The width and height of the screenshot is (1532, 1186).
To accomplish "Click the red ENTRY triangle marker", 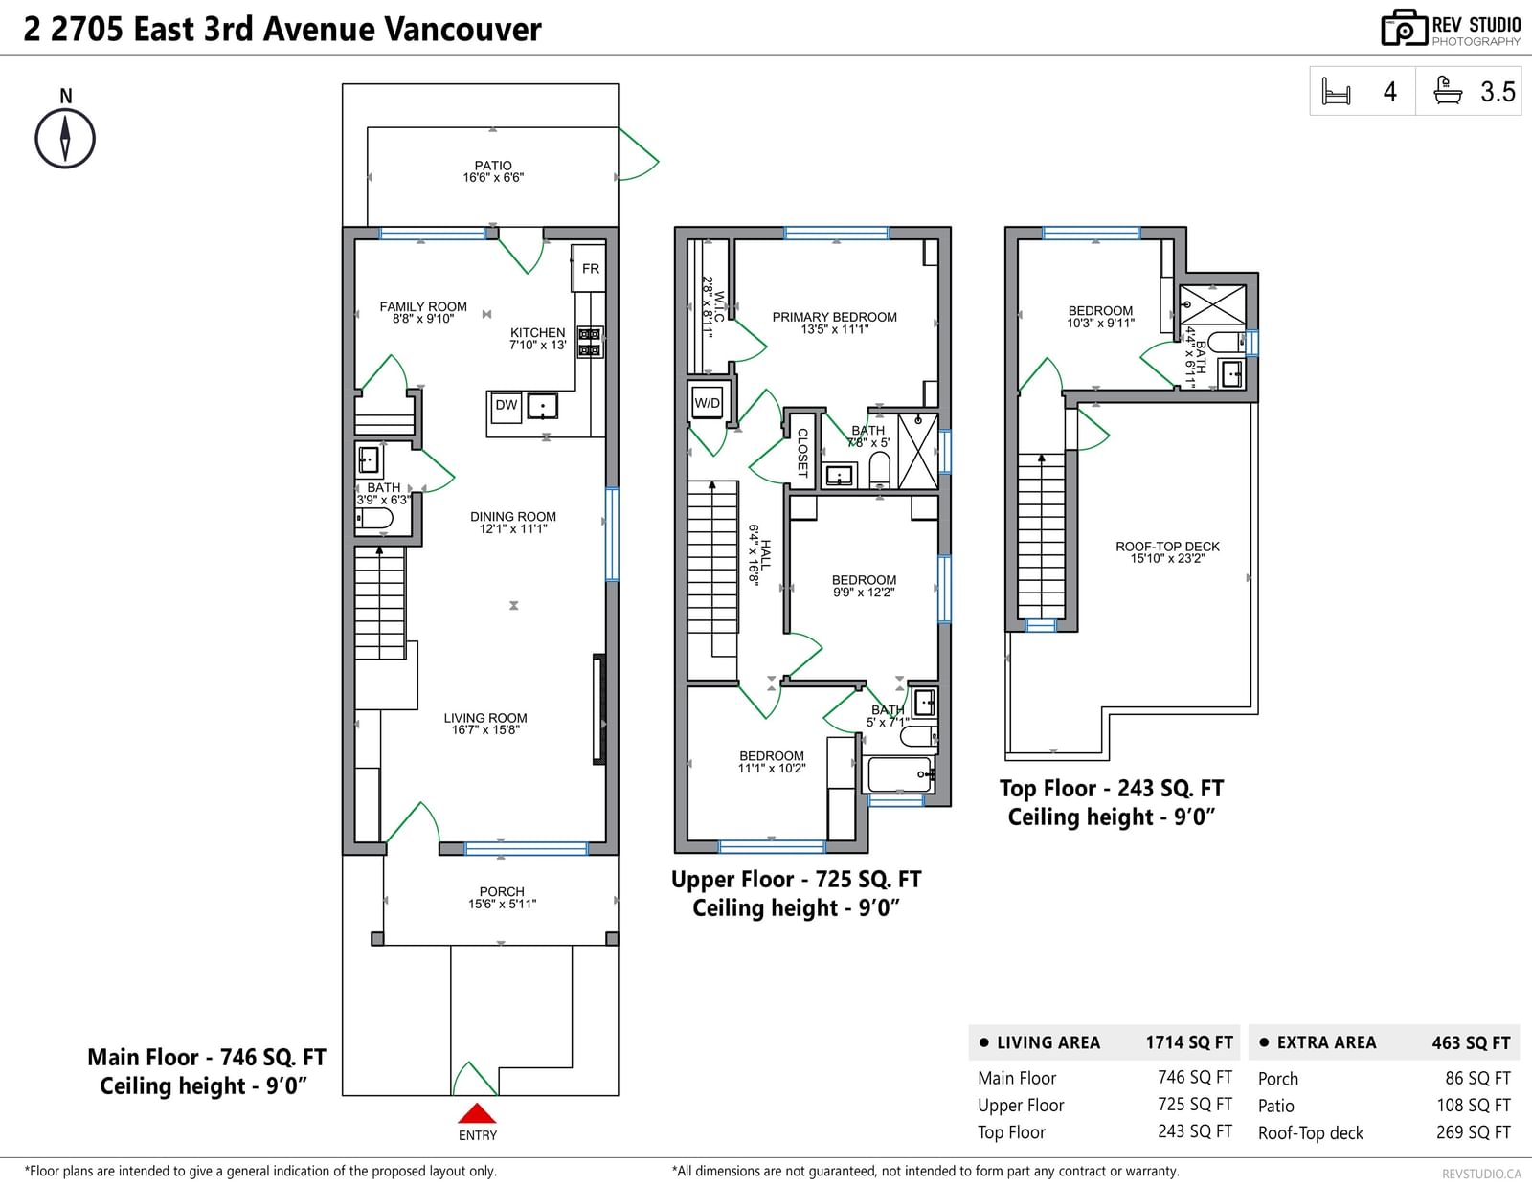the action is (x=477, y=1113).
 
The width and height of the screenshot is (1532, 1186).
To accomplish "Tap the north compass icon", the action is (x=65, y=138).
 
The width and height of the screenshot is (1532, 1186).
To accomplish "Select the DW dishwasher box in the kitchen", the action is (x=506, y=406).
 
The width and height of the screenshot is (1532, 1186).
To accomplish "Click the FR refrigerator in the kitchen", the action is (x=590, y=268).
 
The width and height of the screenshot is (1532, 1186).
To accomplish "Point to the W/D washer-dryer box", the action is (x=708, y=402).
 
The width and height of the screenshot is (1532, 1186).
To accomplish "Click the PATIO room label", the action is (x=493, y=165).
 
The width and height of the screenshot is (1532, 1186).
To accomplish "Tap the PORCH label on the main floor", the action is (x=502, y=891).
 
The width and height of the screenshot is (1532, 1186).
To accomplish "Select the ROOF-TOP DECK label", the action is (x=1167, y=547).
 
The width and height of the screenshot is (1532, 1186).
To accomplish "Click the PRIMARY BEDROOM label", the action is (x=835, y=317).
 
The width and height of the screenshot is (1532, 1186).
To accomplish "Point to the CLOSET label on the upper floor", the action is (x=802, y=453).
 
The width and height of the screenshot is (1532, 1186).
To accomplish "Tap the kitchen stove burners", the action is (x=590, y=342).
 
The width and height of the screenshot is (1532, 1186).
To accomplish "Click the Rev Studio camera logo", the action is (x=1404, y=28).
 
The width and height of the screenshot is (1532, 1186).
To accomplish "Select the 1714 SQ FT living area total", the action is (x=1189, y=1043).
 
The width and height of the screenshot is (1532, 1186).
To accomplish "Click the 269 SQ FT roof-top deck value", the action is (x=1474, y=1132).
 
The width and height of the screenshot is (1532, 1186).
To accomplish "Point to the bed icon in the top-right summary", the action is (x=1336, y=92).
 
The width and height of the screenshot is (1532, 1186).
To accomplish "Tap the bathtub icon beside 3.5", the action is (x=1448, y=91).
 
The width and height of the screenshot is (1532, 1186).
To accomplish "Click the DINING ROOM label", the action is (x=513, y=517).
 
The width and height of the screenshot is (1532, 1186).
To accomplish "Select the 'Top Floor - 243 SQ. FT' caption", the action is (x=1111, y=788).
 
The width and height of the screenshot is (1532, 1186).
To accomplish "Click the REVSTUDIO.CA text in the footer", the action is (x=1481, y=1174).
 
